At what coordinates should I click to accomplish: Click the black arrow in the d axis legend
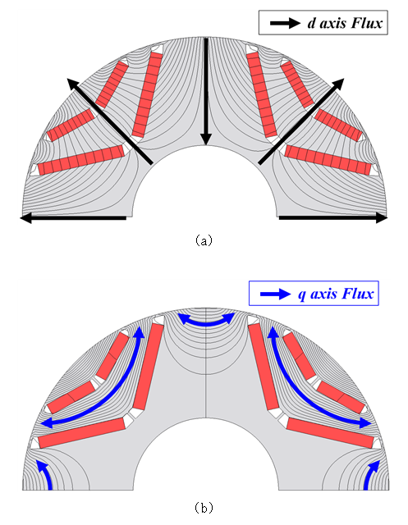point(285,23)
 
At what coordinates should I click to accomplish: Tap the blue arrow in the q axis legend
point(275,294)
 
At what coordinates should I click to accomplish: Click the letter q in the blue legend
point(302,294)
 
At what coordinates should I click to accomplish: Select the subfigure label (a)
point(204,240)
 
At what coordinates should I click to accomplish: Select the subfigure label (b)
point(204,508)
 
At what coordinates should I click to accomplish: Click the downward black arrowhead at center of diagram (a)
point(206,139)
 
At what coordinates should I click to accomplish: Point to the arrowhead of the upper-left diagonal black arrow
point(72,84)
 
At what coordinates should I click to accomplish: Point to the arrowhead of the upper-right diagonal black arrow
point(338,84)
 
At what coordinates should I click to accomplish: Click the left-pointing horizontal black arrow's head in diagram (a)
point(25,218)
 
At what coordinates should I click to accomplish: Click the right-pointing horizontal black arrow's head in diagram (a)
point(382,218)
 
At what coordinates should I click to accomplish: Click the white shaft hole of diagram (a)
point(205,188)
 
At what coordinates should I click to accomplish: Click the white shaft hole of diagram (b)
point(206,459)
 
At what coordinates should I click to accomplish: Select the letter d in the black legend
point(311,23)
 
